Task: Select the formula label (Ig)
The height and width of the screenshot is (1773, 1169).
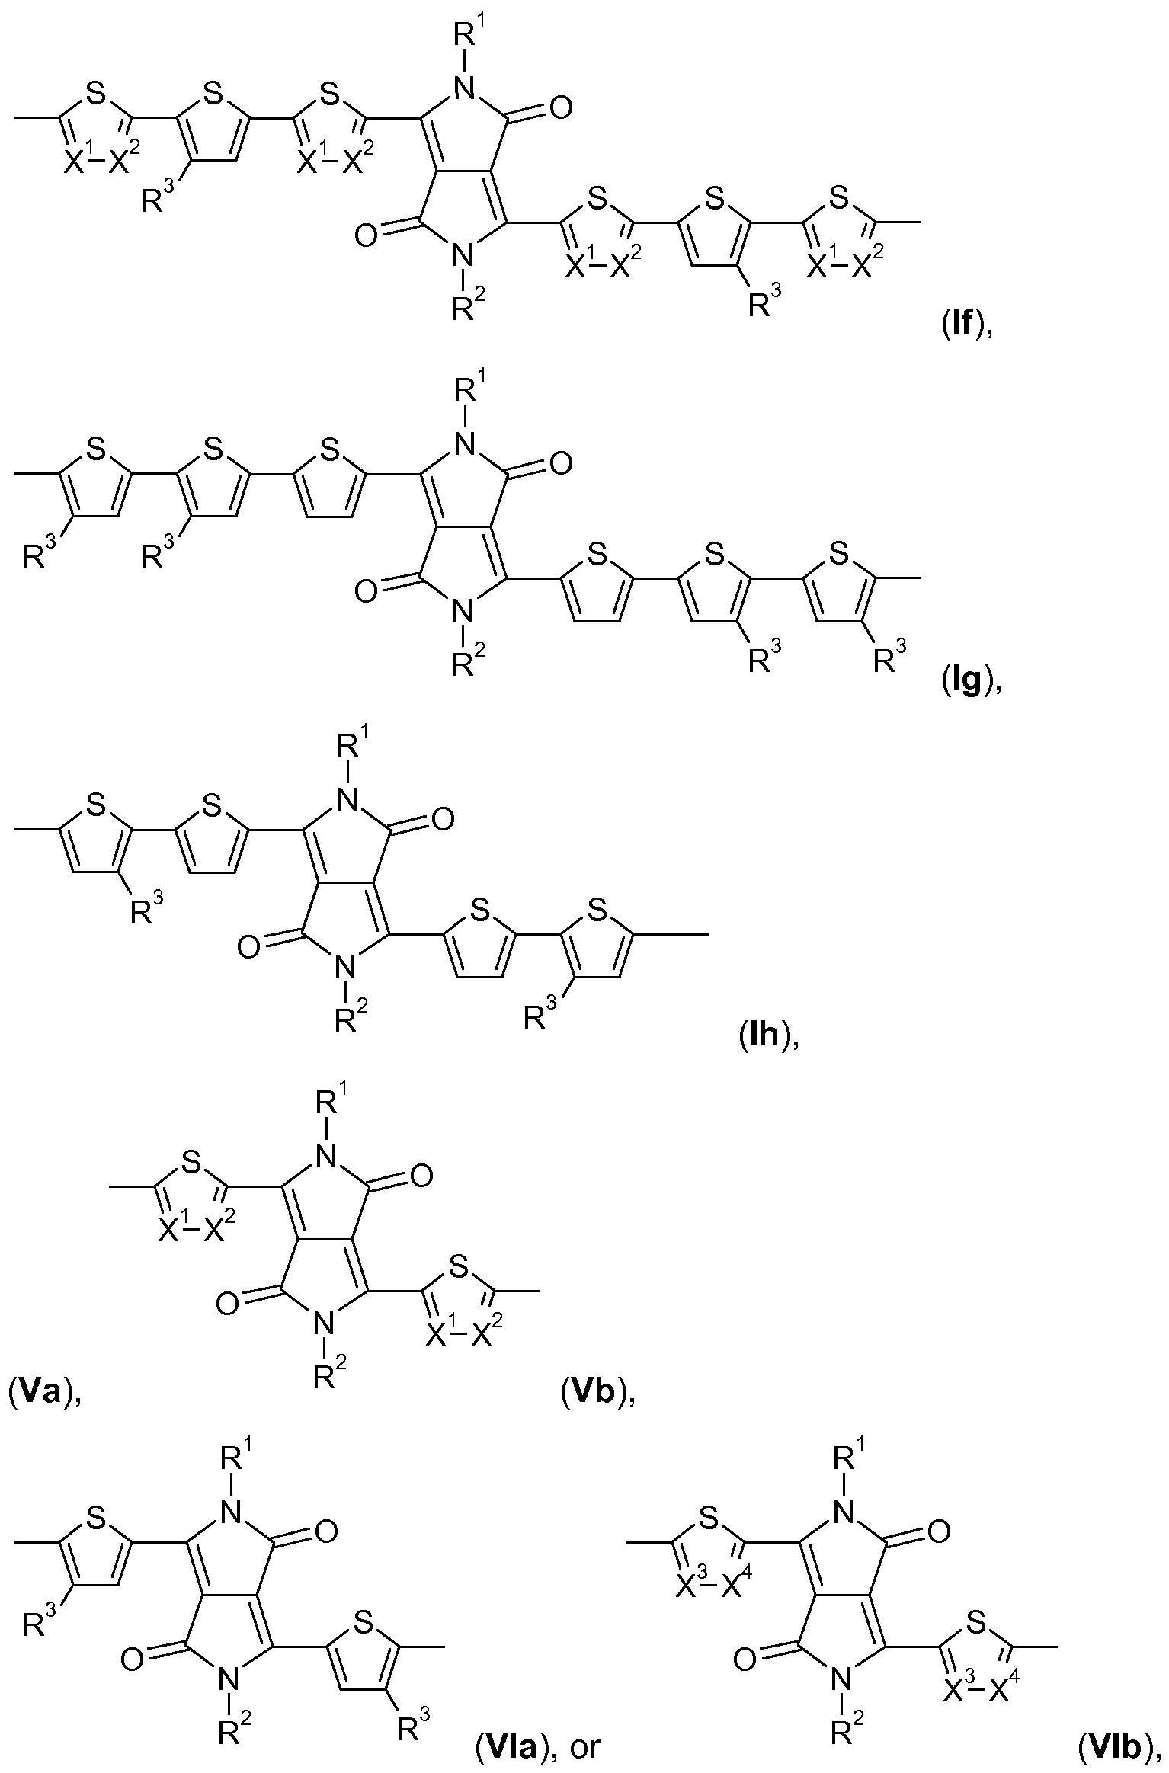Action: (967, 680)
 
